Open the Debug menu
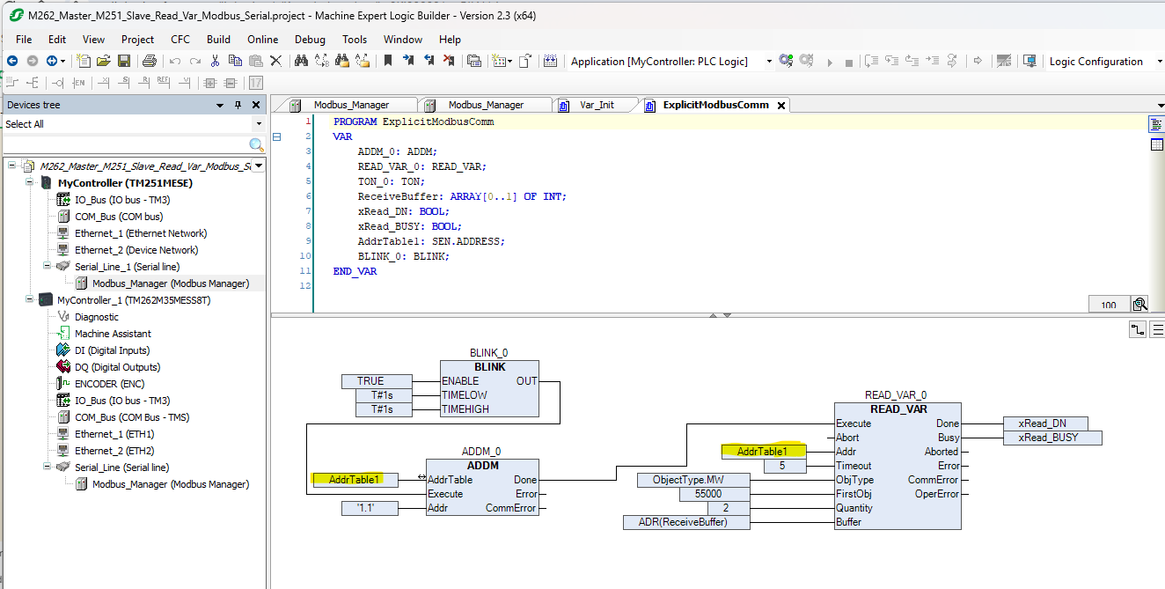tap(310, 40)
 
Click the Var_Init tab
tap(597, 105)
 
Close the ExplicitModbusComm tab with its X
tap(780, 106)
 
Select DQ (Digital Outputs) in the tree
tap(117, 367)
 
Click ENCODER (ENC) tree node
tap(109, 384)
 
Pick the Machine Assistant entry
tap(113, 334)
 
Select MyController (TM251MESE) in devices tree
tap(125, 183)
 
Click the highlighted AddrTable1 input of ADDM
tap(354, 480)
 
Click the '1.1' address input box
tap(370, 508)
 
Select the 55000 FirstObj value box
tap(714, 494)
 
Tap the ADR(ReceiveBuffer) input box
tap(686, 522)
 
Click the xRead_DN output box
tap(1045, 423)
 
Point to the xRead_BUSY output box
tap(1052, 438)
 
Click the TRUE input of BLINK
tap(377, 381)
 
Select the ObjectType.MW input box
tap(693, 480)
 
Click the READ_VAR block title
tap(898, 409)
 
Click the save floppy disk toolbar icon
tap(124, 62)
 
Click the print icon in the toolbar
tap(150, 62)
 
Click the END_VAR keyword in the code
tap(355, 271)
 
